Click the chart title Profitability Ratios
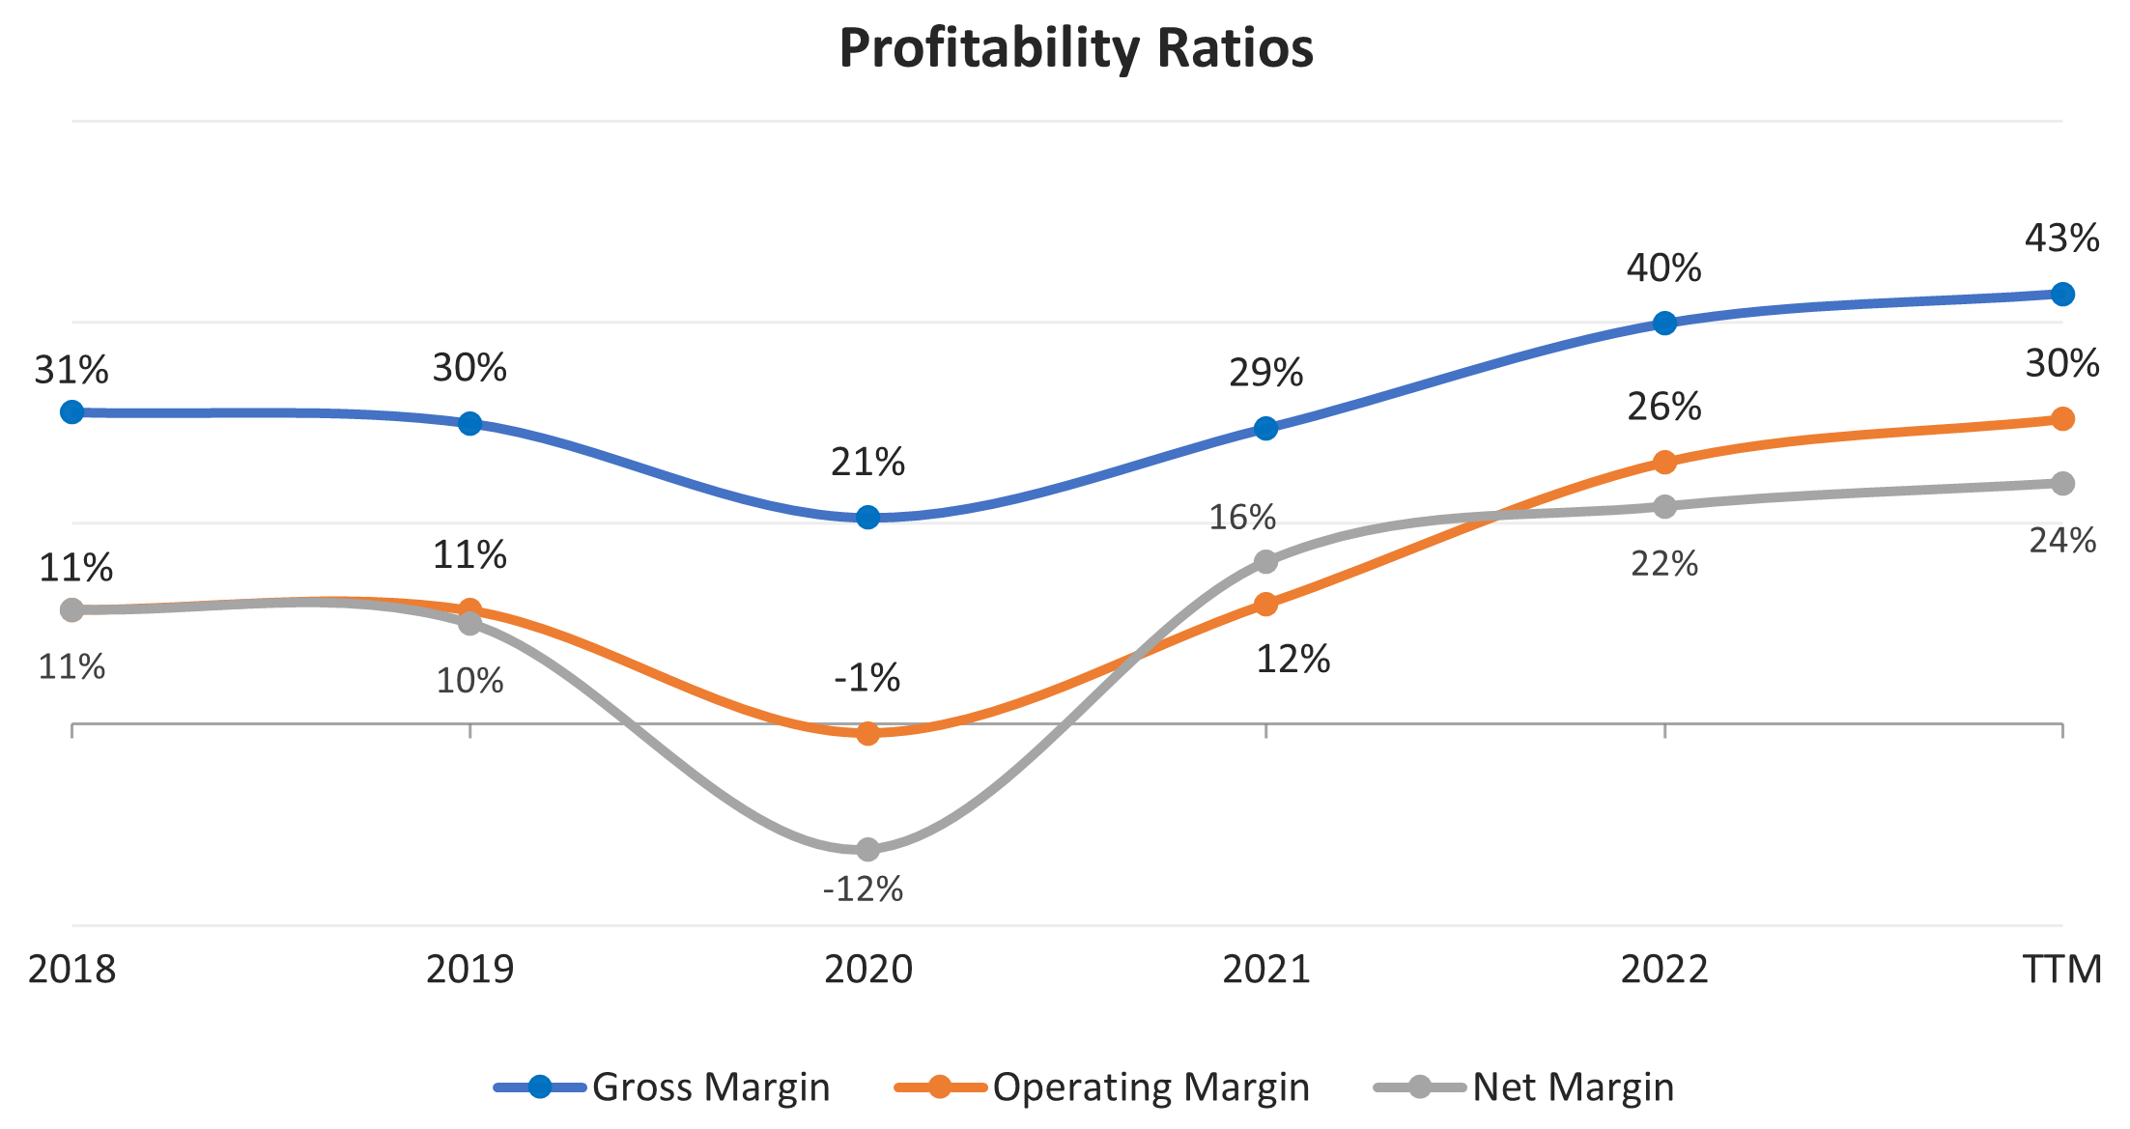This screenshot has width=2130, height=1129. tap(1076, 48)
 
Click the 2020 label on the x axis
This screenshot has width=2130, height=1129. tap(867, 969)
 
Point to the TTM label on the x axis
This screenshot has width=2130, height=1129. tap(2062, 969)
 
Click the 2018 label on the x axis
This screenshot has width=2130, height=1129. tap(71, 969)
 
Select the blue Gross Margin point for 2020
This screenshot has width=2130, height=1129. tap(867, 518)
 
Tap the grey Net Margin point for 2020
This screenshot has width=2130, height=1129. tap(867, 850)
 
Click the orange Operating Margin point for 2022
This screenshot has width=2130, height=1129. tap(1664, 463)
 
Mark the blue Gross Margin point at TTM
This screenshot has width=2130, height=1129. tap(2062, 295)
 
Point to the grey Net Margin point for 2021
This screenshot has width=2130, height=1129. tap(1265, 561)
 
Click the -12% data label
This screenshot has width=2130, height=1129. tap(863, 889)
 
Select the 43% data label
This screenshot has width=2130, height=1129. tap(2061, 239)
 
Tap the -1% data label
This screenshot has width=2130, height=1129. tap(866, 678)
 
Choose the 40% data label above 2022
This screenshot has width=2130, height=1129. tap(1663, 268)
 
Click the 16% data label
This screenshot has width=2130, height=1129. tap(1242, 518)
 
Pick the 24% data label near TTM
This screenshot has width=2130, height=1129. tap(2062, 541)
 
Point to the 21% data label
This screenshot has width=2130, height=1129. tap(867, 463)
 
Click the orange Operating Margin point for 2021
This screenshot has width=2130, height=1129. tap(1265, 605)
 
